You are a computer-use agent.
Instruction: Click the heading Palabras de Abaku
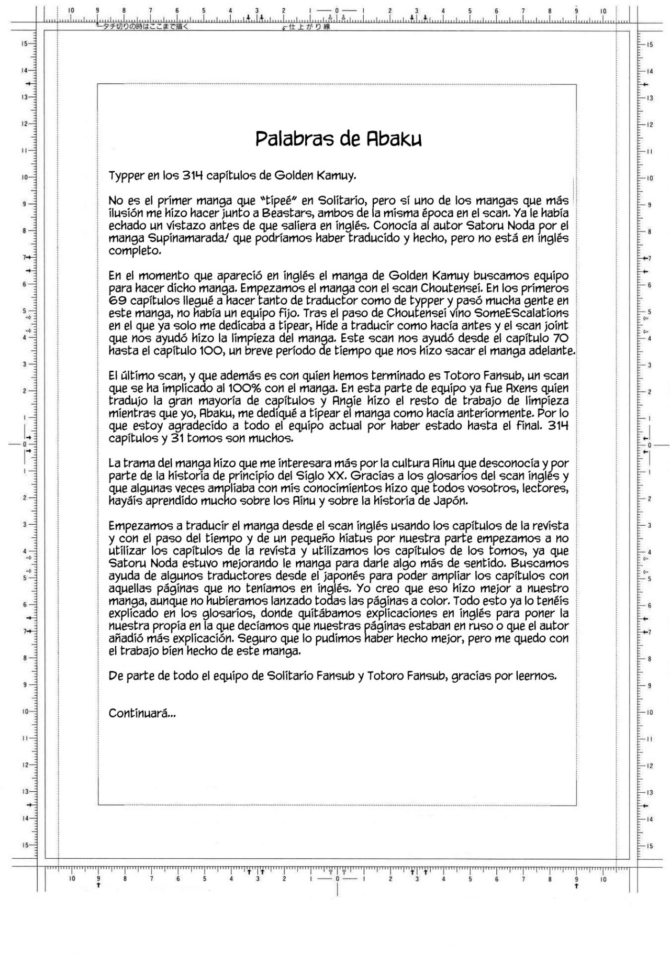point(338,139)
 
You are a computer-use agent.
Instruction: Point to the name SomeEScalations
point(521,313)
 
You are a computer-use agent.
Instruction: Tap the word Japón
point(448,501)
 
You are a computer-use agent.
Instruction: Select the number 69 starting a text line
point(117,301)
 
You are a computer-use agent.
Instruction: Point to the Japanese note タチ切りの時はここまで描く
point(142,26)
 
